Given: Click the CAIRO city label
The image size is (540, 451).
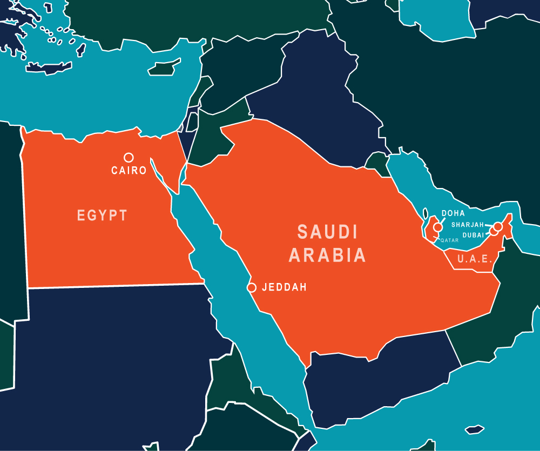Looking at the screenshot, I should click(x=129, y=171).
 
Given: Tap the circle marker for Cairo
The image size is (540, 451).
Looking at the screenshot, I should click(x=129, y=157).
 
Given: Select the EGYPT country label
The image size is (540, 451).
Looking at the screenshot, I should click(x=103, y=216).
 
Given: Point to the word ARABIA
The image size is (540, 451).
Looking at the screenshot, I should click(x=327, y=255).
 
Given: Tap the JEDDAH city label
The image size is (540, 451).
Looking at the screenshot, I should click(x=284, y=287).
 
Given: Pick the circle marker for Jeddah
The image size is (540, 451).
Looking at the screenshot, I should click(x=252, y=287).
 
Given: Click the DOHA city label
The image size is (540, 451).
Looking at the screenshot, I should click(x=453, y=213).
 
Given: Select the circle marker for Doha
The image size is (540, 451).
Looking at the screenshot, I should click(x=437, y=227).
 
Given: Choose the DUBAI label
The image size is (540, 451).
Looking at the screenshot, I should click(x=473, y=235).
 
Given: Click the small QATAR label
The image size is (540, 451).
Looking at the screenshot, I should click(x=449, y=240).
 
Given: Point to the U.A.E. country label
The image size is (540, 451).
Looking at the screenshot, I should click(x=475, y=259).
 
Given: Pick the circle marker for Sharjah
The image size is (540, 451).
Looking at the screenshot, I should click(x=498, y=227).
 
